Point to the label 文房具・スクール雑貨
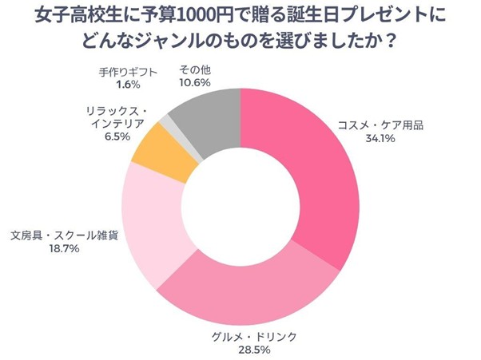(x=65, y=236)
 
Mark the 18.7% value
(x=65, y=250)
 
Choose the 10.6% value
(x=195, y=83)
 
